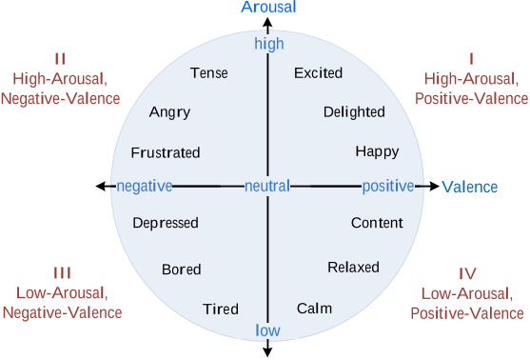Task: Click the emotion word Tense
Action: coord(208,73)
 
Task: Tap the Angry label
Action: coord(169,112)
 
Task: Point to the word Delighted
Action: coord(354,112)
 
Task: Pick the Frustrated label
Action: coord(166,152)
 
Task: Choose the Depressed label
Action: coord(166,223)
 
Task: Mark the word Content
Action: coord(377,223)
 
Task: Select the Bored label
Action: coord(181,270)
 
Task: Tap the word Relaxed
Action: coord(353,268)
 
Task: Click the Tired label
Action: coord(220,309)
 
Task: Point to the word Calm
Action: coord(314,309)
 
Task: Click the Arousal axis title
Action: coord(268,8)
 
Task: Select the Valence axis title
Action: coord(470,187)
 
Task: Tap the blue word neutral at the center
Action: coord(267,186)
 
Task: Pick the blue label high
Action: coord(269,44)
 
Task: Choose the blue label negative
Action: coord(144,186)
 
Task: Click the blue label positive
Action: coord(388,186)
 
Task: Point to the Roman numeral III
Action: coord(62,272)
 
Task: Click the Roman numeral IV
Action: coord(468,272)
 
